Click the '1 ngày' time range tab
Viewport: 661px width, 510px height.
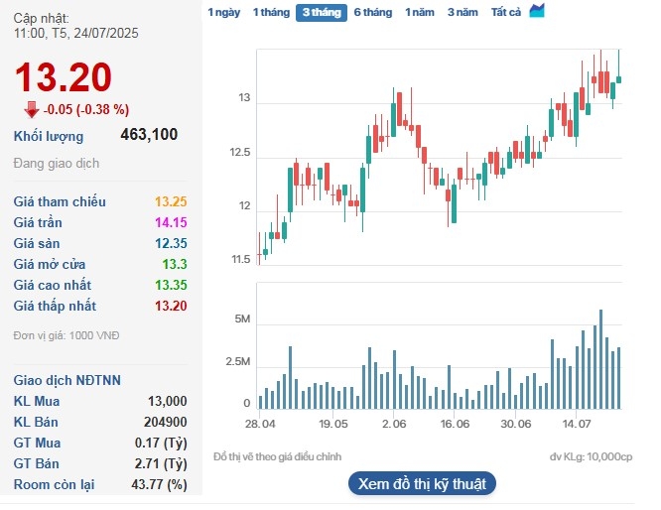click(x=223, y=13)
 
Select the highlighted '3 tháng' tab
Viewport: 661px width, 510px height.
click(x=321, y=13)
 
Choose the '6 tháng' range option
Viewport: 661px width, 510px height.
click(x=372, y=13)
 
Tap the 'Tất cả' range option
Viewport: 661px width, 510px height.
click(x=506, y=13)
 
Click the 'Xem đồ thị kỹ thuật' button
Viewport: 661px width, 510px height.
click(x=422, y=484)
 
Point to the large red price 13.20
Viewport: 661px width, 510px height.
click(x=63, y=76)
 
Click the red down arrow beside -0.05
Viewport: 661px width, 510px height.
click(x=32, y=109)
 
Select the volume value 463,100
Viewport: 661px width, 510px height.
click(x=149, y=136)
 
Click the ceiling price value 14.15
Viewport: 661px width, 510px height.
click(x=171, y=222)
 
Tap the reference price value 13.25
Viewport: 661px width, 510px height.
click(x=171, y=201)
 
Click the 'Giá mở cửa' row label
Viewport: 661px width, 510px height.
click(x=50, y=264)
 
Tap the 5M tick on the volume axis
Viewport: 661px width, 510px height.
click(x=241, y=319)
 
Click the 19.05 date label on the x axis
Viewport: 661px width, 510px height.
click(x=333, y=423)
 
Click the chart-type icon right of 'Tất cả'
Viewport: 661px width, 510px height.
click(x=537, y=12)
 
